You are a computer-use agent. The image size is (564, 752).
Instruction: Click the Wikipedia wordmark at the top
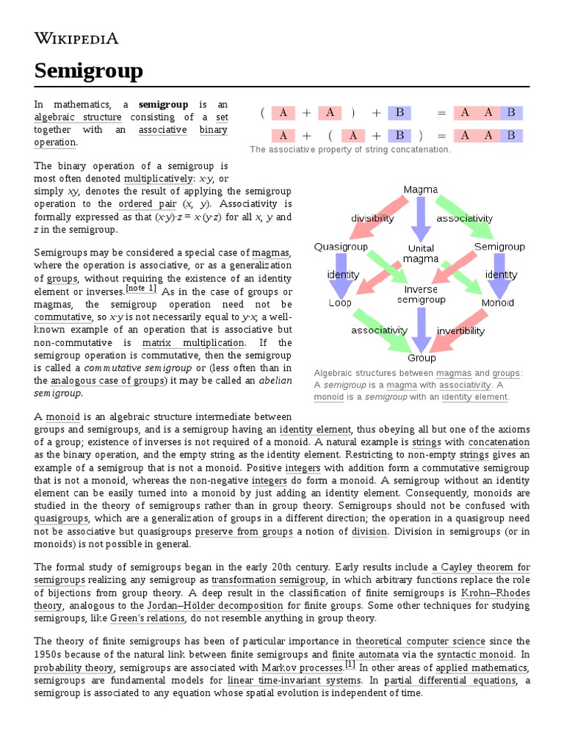[x=76, y=39]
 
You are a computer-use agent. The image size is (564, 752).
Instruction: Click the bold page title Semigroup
[x=89, y=71]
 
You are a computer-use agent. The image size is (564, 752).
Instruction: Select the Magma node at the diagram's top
[x=421, y=190]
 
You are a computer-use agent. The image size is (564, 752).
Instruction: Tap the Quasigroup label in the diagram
[x=341, y=247]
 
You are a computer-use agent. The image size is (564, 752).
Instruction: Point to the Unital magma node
[x=421, y=253]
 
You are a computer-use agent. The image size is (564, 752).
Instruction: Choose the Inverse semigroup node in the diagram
[x=421, y=294]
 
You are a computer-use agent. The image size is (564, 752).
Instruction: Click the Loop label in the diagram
[x=340, y=303]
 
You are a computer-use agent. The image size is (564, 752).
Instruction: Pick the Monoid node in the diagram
[x=497, y=303]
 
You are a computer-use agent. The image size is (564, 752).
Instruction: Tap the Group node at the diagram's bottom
[x=422, y=358]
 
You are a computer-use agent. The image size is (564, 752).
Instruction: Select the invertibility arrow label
[x=461, y=330]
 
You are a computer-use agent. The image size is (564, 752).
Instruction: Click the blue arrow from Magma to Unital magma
[x=421, y=218]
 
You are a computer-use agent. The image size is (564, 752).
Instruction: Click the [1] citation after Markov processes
[x=350, y=664]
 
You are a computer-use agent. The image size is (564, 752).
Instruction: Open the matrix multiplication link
[x=193, y=343]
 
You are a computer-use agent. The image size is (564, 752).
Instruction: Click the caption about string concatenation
[x=350, y=150]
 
